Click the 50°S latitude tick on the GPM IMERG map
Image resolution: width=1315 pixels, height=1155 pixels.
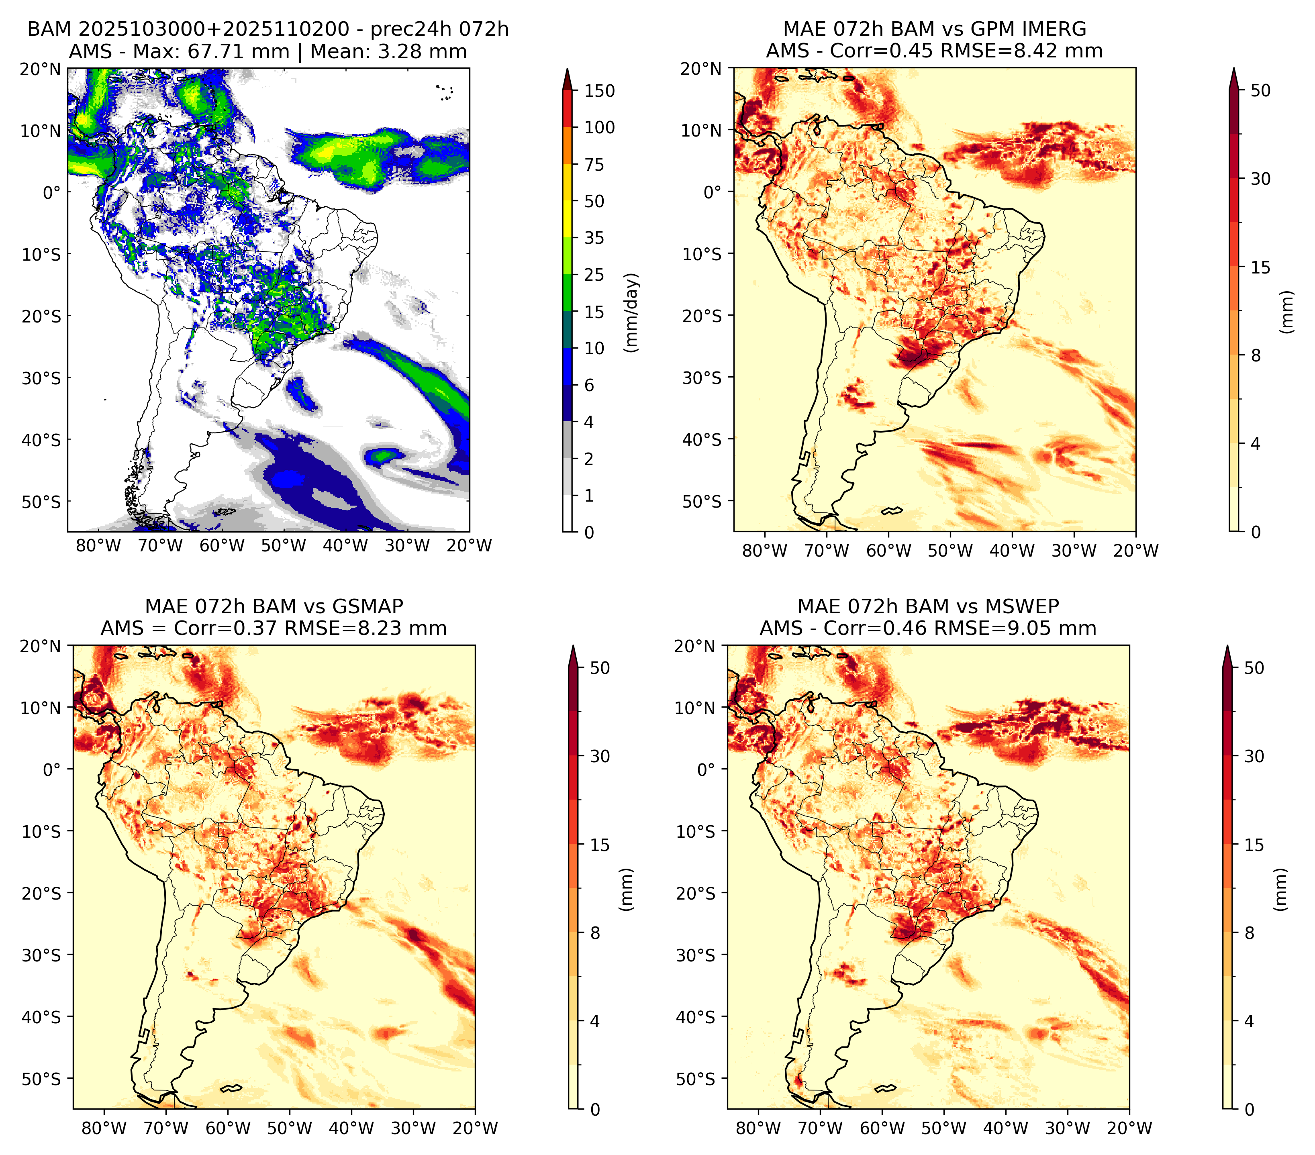[702, 502]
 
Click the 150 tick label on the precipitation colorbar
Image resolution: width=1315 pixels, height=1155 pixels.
[600, 91]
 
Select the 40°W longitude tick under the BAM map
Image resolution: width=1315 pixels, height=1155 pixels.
[345, 546]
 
